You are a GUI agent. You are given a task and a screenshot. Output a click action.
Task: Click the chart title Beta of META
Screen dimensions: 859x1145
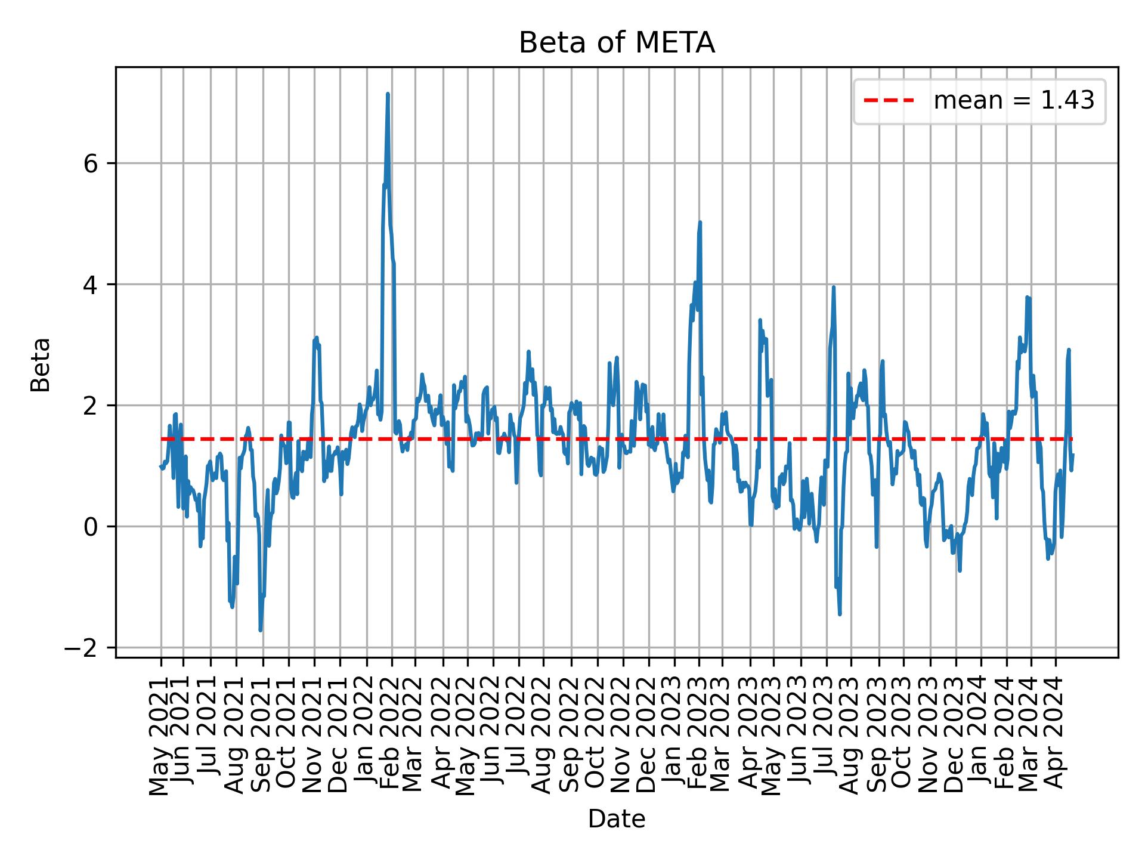tap(617, 43)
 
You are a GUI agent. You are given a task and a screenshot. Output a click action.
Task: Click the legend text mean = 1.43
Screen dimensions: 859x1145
tap(1014, 101)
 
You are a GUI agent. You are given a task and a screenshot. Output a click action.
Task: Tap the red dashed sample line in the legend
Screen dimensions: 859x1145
tap(889, 101)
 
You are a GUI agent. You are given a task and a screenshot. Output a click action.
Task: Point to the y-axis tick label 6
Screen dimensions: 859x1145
tap(91, 163)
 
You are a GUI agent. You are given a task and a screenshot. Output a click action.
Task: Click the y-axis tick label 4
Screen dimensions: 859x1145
tap(91, 285)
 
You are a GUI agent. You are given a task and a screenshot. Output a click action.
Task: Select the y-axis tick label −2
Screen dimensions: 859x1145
tap(83, 648)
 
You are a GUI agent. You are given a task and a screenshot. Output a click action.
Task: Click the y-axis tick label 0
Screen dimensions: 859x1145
tap(91, 527)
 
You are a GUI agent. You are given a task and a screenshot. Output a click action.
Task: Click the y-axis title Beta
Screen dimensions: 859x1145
tap(40, 364)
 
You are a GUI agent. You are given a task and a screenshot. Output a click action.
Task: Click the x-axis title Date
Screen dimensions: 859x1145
tap(617, 819)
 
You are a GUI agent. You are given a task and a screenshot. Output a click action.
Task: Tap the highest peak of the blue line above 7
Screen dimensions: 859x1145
tap(388, 94)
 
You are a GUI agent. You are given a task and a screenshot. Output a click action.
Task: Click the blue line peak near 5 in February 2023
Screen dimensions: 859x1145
tap(700, 223)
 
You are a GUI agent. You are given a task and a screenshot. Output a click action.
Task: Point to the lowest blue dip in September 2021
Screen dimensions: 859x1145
tap(261, 630)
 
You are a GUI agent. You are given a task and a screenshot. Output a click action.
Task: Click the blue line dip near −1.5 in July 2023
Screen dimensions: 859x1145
tap(840, 614)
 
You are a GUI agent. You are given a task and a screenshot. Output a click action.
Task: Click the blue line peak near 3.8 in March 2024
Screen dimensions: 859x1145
tap(1027, 297)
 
